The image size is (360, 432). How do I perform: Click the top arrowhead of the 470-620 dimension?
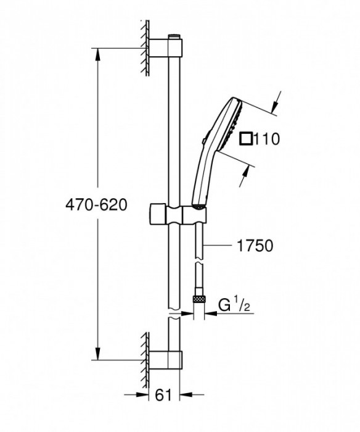pos(97,53)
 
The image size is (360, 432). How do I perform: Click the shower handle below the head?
pos(202,179)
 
